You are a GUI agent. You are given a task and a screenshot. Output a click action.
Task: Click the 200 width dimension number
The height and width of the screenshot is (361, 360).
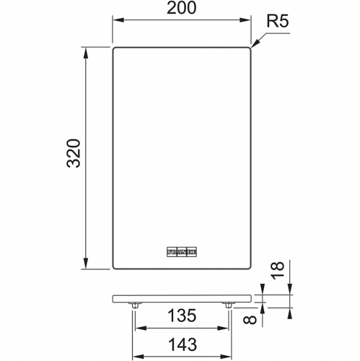[182, 11]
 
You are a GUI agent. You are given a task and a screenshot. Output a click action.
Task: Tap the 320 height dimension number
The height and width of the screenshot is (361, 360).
[73, 157]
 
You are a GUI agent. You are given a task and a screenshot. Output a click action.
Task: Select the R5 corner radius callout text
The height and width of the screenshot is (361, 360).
[278, 23]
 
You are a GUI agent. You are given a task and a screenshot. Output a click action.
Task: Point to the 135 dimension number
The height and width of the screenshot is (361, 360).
[182, 316]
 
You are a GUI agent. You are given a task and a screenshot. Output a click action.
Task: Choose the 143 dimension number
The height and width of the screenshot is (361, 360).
[182, 344]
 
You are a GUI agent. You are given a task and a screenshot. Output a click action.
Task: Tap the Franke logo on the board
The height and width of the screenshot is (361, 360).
[182, 251]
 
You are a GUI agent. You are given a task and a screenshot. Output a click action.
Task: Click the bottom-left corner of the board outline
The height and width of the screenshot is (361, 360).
[115, 268]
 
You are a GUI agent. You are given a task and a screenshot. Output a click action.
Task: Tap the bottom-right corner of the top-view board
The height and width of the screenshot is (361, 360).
[249, 268]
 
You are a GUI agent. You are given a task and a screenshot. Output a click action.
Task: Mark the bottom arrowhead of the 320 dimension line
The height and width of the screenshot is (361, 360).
[87, 266]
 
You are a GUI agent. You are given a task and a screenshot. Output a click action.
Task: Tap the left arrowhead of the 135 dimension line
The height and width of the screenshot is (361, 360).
[138, 328]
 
